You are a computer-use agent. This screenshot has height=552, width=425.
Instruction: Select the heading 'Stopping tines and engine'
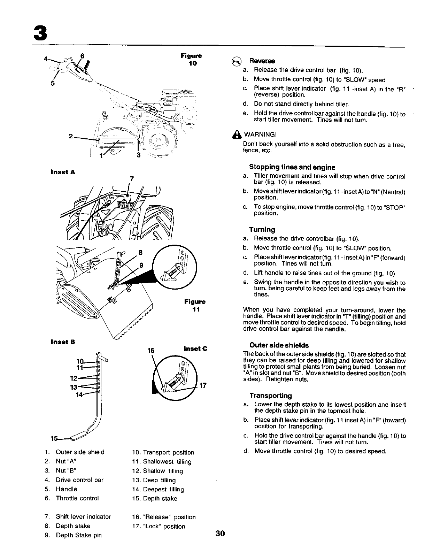(x=292, y=167)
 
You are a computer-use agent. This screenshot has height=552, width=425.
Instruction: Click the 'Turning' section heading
(x=262, y=229)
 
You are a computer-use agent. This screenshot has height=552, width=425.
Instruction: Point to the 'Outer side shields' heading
(x=279, y=345)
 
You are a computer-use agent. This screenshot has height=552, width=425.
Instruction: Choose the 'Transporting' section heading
(x=270, y=396)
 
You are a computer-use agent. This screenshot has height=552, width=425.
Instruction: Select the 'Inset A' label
(x=63, y=172)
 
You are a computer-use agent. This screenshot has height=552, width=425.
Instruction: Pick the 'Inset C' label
(x=195, y=348)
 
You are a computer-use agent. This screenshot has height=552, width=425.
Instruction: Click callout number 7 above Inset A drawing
(x=131, y=179)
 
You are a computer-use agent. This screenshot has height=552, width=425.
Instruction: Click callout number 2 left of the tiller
(x=70, y=137)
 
